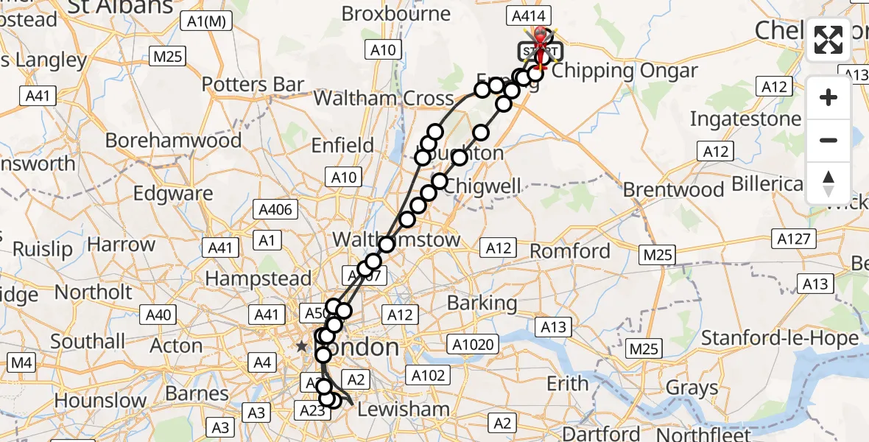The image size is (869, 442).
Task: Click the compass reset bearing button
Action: click(x=828, y=183)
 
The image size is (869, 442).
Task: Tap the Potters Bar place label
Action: click(x=253, y=85)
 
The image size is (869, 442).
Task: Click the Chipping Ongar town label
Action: click(x=624, y=71)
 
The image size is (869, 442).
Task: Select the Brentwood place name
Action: click(x=673, y=189)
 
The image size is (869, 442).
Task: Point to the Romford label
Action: click(x=570, y=251)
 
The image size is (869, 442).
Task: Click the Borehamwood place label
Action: click(x=173, y=140)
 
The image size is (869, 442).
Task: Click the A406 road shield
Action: click(x=276, y=209)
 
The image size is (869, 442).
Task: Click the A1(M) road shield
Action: click(x=205, y=22)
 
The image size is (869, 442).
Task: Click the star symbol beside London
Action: click(x=301, y=345)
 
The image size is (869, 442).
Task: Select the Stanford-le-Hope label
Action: click(x=779, y=338)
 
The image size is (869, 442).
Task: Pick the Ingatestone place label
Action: click(x=745, y=119)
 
